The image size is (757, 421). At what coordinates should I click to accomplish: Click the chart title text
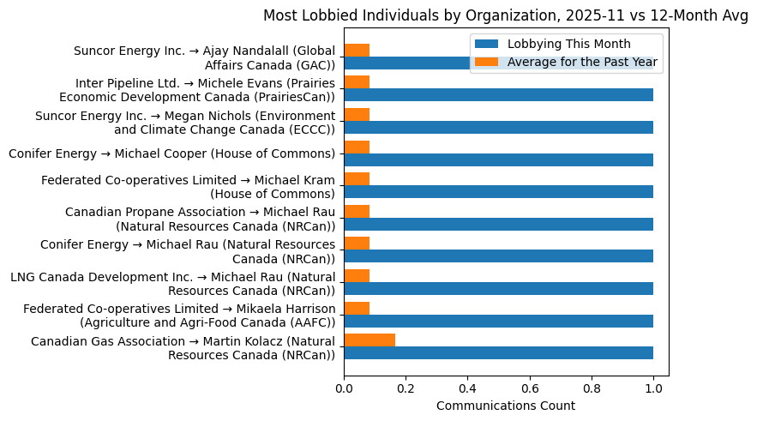[x=505, y=15]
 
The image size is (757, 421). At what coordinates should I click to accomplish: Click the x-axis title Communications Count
[x=505, y=406]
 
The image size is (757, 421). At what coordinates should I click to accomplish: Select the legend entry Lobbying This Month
[x=569, y=45]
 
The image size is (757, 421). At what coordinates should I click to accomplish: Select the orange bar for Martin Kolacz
[x=369, y=340]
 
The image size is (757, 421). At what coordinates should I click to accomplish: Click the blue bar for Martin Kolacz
[x=498, y=352]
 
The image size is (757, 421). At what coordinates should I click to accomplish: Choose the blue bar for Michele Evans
[x=498, y=94]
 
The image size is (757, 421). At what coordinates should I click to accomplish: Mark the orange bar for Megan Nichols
[x=357, y=114]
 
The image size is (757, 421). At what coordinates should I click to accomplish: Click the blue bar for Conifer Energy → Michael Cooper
[x=498, y=159]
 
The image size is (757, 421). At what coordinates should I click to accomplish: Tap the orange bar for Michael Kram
[x=357, y=179]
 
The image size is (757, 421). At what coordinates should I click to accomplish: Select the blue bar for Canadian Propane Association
[x=498, y=224]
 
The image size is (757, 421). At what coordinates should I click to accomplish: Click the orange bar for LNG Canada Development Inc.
[x=357, y=275]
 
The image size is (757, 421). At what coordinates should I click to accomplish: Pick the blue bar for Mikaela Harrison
[x=498, y=321]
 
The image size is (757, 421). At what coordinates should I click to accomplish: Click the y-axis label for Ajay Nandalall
[x=204, y=57]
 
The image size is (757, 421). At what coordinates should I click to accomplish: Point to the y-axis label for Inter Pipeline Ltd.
[x=205, y=89]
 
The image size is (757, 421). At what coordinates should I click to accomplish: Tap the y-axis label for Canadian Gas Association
[x=183, y=348]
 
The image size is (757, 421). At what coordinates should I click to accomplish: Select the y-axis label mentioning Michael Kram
[x=188, y=186]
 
